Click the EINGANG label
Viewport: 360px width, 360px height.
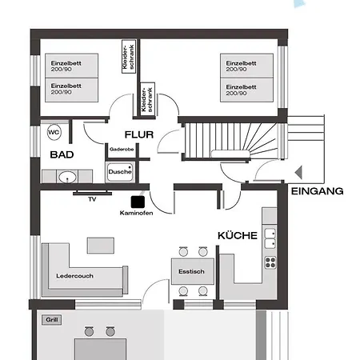pos(318,191)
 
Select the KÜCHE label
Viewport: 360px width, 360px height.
pos(237,236)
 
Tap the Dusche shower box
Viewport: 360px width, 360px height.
pos(120,171)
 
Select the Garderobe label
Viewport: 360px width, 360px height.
pos(121,150)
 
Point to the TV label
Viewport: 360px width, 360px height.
pos(92,198)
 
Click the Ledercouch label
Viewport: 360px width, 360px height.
pos(74,276)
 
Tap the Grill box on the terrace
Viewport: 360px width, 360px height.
pos(54,320)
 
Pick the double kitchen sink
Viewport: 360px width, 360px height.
pos(270,234)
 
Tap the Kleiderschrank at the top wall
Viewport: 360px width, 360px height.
pos(128,57)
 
